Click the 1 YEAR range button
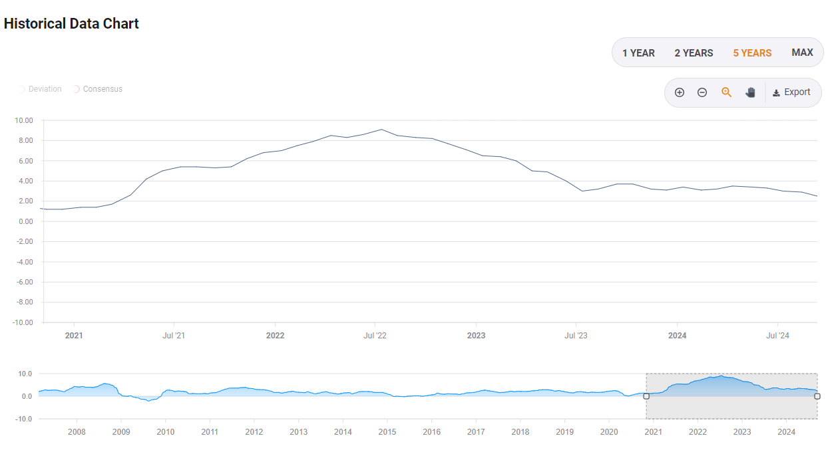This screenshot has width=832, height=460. pos(638,53)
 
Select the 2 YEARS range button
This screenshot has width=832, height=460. pos(694,53)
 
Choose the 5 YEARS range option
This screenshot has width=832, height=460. pos(752,53)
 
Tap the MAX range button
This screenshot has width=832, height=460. pos(802,53)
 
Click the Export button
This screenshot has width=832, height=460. pos(791,92)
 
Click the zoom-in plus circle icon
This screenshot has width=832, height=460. pos(680,92)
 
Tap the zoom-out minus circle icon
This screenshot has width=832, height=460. pos(702,92)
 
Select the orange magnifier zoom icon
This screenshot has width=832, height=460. pos(726,92)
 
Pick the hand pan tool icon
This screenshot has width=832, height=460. pos(750,92)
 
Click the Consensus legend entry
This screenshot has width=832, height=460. pos(102,89)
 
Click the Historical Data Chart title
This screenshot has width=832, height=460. pos(71,23)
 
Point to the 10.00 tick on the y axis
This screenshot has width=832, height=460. pos(23,120)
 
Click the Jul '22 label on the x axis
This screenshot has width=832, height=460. pos(375,336)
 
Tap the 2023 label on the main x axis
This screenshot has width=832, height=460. pos(476,336)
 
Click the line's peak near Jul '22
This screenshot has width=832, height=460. pos(381,130)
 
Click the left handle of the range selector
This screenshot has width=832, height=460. pos(646,396)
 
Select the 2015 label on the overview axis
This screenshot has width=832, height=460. pos(387,432)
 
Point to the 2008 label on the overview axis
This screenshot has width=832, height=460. pos(77,432)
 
